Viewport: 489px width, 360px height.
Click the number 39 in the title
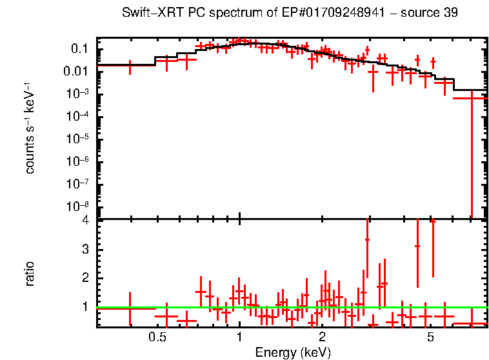[x=451, y=14]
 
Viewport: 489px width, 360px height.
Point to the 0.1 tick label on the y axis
[x=79, y=49]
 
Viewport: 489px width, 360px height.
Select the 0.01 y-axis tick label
[x=76, y=72]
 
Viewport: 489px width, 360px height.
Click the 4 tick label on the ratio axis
[x=85, y=221]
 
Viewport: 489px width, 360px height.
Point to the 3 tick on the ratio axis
[x=85, y=250]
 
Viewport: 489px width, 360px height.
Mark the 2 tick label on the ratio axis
[x=85, y=278]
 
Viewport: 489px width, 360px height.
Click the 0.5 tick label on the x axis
[x=157, y=337]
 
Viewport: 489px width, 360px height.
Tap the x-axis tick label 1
[x=239, y=337]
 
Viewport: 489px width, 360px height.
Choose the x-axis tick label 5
[x=430, y=337]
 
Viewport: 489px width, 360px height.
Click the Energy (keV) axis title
[x=292, y=352]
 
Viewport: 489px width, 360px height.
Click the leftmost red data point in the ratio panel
[x=130, y=308]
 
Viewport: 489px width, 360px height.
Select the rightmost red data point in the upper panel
[x=472, y=98]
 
